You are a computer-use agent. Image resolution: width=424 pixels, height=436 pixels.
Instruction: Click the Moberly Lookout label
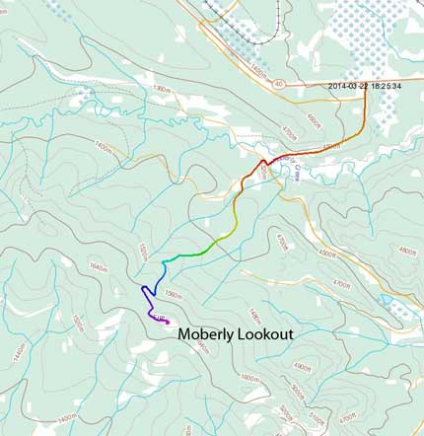236,335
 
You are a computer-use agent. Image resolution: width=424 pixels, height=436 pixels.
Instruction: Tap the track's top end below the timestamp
366,94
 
